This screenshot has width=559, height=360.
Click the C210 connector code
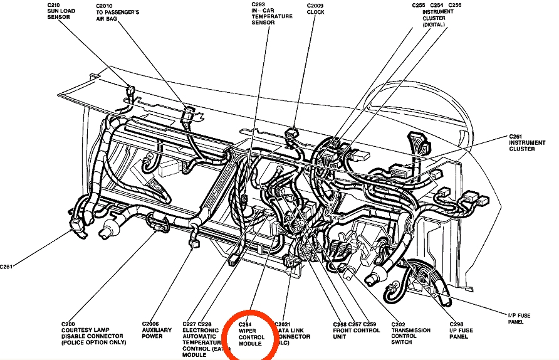click(x=53, y=5)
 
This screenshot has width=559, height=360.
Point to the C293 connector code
click(x=259, y=5)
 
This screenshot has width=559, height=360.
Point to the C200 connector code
click(x=68, y=323)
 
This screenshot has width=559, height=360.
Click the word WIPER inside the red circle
click(x=248, y=330)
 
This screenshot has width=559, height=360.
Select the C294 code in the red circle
click(x=246, y=323)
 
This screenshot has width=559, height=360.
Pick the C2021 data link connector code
click(x=283, y=323)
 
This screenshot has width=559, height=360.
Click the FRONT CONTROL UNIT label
click(x=357, y=330)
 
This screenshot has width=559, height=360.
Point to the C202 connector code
click(x=399, y=323)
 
